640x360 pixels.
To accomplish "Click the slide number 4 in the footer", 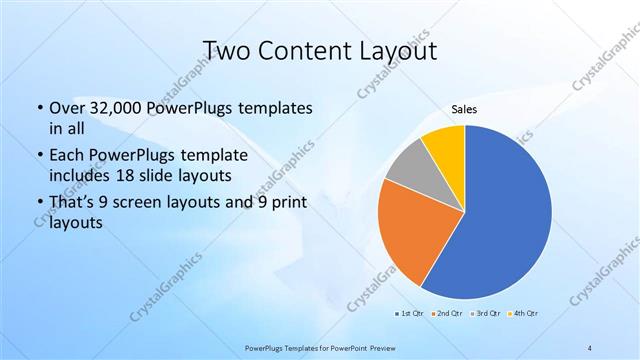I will click(591, 346).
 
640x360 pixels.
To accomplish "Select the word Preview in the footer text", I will click(383, 346).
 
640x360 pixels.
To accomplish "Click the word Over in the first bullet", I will click(66, 107).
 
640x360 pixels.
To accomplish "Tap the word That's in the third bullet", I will click(72, 203).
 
